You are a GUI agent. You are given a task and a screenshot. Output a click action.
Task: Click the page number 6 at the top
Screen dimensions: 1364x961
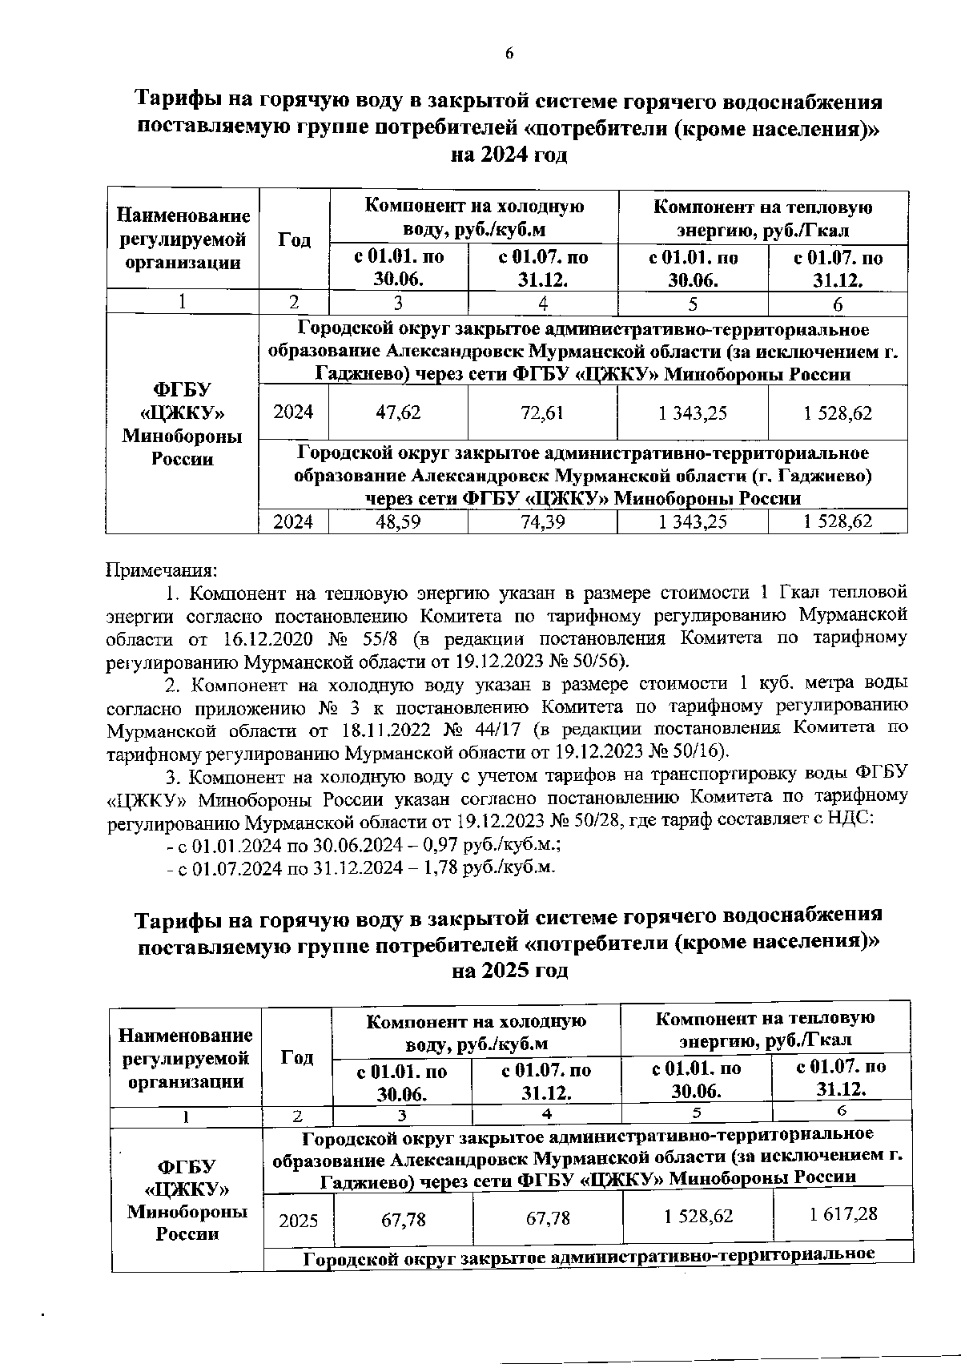(x=509, y=54)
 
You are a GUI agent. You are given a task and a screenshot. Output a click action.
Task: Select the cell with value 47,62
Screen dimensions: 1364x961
(x=398, y=413)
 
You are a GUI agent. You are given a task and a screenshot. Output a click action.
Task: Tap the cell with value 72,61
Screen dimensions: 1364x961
(x=542, y=413)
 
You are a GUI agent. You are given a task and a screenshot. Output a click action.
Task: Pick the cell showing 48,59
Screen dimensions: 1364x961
(x=398, y=521)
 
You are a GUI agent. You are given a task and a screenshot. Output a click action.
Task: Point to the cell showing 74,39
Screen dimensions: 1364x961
(x=542, y=521)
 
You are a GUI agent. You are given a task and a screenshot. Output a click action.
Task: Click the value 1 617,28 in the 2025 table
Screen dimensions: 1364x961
(x=842, y=1214)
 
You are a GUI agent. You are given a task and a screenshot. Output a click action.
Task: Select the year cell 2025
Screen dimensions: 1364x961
(x=298, y=1221)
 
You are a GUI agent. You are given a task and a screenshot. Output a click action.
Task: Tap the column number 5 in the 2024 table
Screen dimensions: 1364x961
(x=692, y=304)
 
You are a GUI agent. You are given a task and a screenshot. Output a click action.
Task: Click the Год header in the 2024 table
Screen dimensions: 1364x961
(x=294, y=239)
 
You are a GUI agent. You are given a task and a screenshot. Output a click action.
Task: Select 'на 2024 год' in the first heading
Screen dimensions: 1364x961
(x=509, y=155)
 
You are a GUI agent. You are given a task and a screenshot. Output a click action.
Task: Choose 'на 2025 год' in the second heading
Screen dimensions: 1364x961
(x=510, y=970)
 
